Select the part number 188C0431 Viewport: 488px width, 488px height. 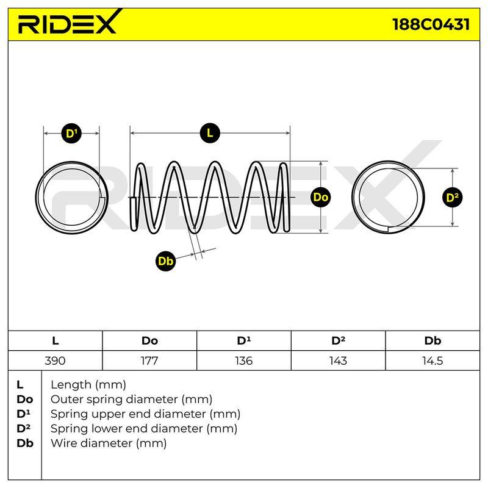point(431,24)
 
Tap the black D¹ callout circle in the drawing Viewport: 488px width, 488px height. point(71,134)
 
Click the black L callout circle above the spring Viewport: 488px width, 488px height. point(210,133)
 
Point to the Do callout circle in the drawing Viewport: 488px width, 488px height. point(321,197)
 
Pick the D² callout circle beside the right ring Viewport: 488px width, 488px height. point(452,197)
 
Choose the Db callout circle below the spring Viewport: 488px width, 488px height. point(165,261)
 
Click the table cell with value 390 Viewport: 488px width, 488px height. point(55,361)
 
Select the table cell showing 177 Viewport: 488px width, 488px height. point(149,361)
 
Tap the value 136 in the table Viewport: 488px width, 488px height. point(243,361)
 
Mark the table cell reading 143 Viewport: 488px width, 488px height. point(338,361)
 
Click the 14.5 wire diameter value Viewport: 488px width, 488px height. point(432,361)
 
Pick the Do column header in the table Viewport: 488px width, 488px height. point(149,341)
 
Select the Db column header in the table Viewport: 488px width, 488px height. point(432,341)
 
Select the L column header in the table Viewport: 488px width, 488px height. point(56,341)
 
